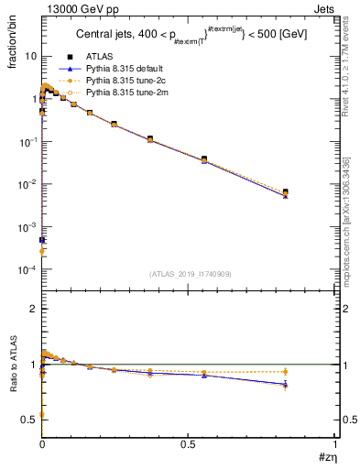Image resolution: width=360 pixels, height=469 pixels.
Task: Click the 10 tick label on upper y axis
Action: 29,56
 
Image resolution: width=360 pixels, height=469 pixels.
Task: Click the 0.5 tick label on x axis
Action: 188,443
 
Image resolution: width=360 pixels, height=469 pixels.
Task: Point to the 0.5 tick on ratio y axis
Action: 28,420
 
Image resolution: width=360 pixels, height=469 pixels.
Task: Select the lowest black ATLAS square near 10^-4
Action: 42,241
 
